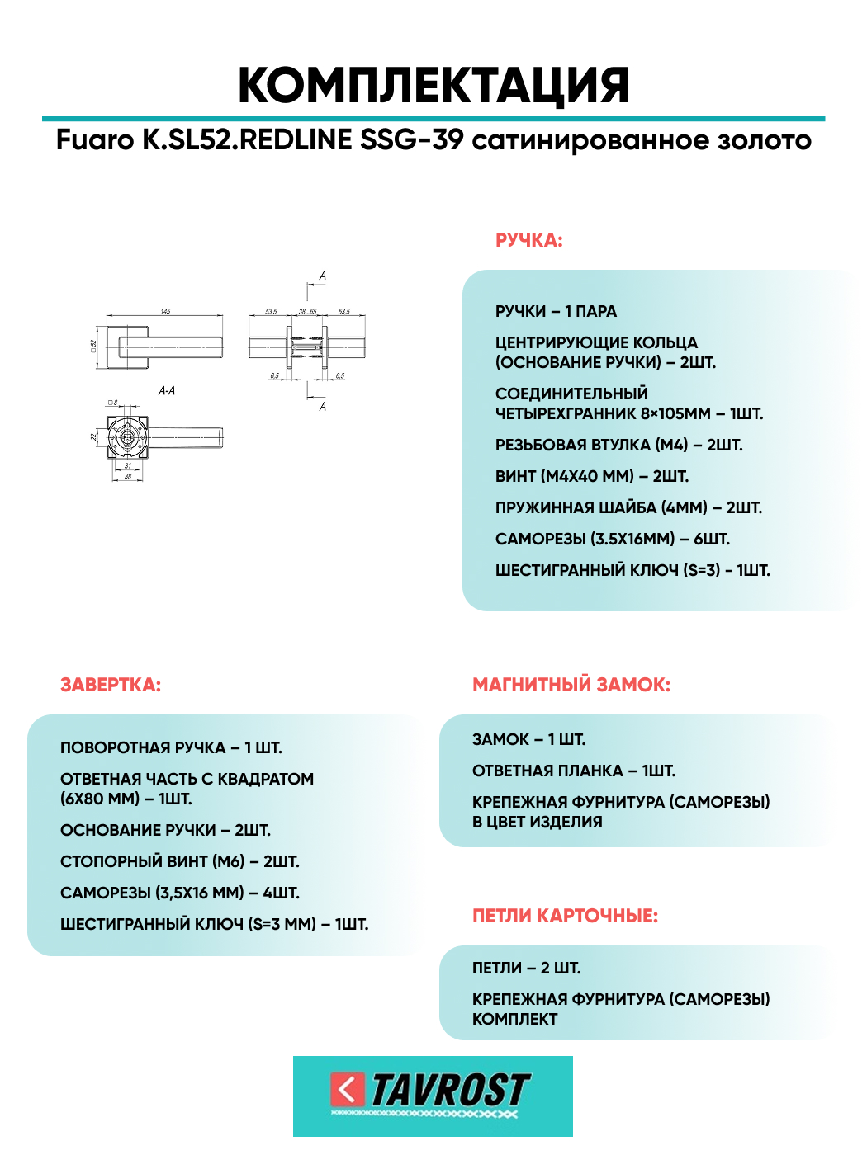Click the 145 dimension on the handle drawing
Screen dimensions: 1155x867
[x=165, y=312]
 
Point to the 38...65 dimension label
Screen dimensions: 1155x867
[x=307, y=312]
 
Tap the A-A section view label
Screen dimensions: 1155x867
[x=167, y=391]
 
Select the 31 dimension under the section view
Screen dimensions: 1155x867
[x=127, y=466]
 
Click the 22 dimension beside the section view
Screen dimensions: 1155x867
[x=94, y=436]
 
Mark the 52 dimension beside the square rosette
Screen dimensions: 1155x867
[x=94, y=344]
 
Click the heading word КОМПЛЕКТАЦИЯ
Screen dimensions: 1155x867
[x=433, y=85]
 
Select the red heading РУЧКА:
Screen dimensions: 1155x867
[x=528, y=241]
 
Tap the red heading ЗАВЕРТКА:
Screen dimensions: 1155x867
[x=111, y=685]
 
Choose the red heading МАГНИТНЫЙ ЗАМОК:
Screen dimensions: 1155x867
[x=571, y=685]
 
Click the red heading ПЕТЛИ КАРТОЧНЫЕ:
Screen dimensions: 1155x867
[x=565, y=916]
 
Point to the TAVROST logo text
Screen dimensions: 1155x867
[x=449, y=1091]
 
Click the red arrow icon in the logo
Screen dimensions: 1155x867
[x=348, y=1090]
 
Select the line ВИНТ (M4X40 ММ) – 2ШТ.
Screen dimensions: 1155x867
[x=591, y=477]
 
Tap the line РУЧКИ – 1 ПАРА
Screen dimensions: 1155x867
[x=556, y=312]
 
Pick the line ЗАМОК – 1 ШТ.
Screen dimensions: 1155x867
[x=528, y=740]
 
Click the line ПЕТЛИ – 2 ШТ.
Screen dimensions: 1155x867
[x=526, y=969]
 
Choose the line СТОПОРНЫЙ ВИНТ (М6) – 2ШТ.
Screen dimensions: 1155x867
[x=180, y=862]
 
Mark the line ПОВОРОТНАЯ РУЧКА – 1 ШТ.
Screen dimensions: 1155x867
[x=171, y=748]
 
